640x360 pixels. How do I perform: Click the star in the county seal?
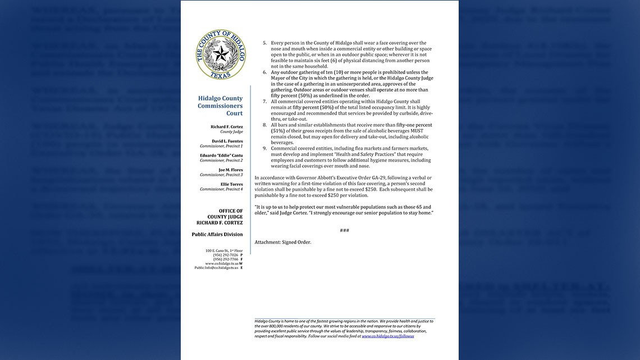point(221,54)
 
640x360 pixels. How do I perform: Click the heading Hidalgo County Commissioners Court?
point(220,106)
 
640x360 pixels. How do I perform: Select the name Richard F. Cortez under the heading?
point(226,127)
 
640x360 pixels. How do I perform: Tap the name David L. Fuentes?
point(227,141)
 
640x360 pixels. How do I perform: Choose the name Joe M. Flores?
point(230,170)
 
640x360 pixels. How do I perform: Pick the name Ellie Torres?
point(231,184)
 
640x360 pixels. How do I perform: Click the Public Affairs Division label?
point(217,234)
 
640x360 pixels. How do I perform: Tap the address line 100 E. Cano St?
point(224,250)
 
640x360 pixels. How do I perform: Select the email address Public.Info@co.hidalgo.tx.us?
point(216,267)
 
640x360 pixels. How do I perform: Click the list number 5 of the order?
point(264,43)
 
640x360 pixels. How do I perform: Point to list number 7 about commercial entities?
point(264,102)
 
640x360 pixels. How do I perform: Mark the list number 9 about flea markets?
point(264,148)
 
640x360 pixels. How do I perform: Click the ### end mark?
point(344,230)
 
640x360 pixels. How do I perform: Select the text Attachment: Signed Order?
point(282,242)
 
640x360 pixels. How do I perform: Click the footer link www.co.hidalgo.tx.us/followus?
point(387,336)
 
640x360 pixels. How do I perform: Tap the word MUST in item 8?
point(417,131)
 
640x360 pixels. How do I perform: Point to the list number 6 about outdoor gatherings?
point(264,72)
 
